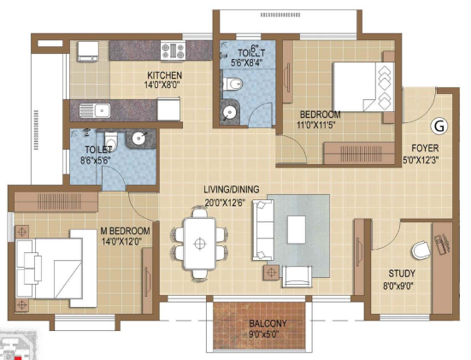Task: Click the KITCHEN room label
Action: tap(164, 75)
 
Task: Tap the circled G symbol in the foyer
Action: tap(439, 127)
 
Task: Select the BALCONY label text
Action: tap(268, 323)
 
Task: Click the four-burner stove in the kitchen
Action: tap(173, 50)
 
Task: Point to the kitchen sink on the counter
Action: tap(95, 110)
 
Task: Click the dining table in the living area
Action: tap(199, 244)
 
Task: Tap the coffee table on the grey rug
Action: tap(297, 229)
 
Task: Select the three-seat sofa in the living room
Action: tap(263, 230)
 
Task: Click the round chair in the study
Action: tap(421, 250)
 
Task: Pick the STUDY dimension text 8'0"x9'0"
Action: tap(398, 285)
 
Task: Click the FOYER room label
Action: tap(425, 148)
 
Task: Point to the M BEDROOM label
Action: tap(125, 231)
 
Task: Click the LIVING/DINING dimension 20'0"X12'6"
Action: tap(224, 203)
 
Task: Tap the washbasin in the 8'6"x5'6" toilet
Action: tap(139, 138)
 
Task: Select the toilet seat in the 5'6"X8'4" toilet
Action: tap(233, 84)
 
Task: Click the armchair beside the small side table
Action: tap(297, 276)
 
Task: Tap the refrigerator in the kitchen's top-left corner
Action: tap(88, 51)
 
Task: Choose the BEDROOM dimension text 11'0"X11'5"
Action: tap(315, 125)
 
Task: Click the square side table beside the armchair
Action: tap(271, 273)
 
